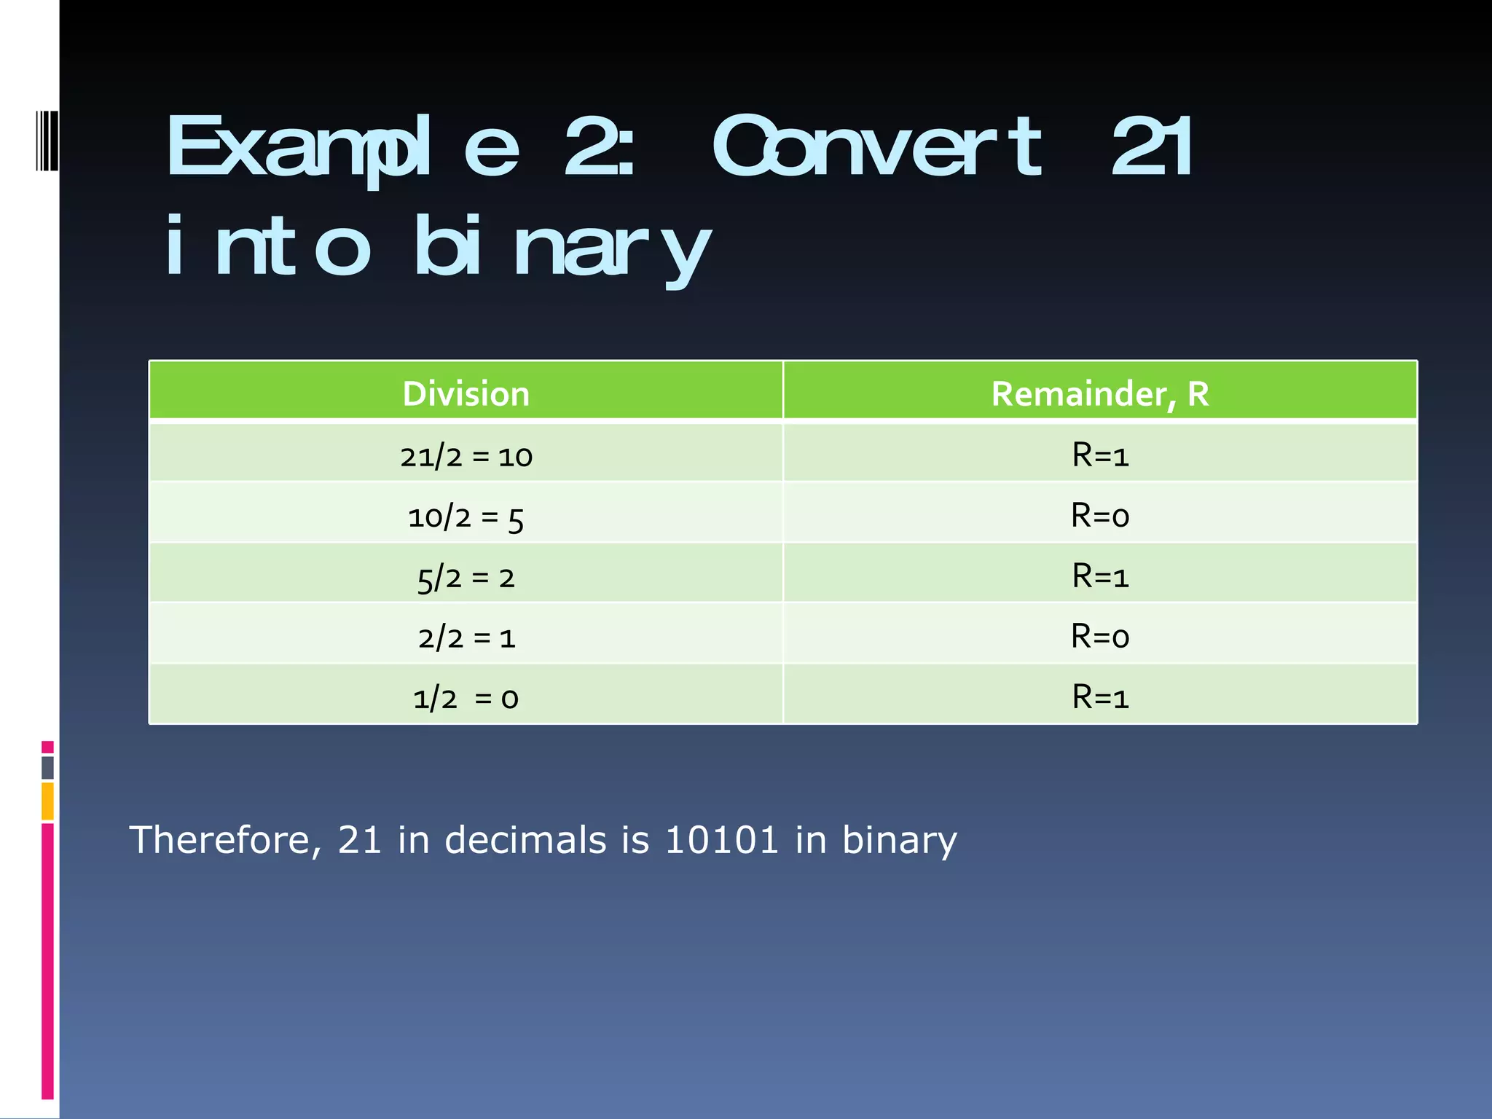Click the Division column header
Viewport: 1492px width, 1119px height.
[466, 393]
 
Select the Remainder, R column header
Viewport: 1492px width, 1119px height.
[1100, 393]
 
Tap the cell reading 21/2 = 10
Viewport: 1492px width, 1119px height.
[466, 456]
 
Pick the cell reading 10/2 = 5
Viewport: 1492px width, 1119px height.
[466, 517]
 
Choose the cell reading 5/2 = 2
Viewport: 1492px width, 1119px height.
[466, 578]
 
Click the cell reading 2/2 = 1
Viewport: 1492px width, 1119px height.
[466, 638]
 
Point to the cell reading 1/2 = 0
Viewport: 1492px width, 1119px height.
[466, 698]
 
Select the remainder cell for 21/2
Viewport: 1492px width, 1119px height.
[1100, 456]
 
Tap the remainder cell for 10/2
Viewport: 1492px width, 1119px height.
[1100, 517]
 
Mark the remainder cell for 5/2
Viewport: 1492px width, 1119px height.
[1100, 577]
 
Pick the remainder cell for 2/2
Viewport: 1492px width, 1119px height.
[1100, 637]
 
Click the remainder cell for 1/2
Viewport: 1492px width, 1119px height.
[1100, 698]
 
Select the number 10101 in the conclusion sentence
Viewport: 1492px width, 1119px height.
[722, 840]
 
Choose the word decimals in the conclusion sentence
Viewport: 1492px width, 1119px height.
[525, 840]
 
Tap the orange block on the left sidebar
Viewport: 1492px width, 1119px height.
[47, 801]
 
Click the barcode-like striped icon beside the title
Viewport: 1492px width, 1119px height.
[47, 141]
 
